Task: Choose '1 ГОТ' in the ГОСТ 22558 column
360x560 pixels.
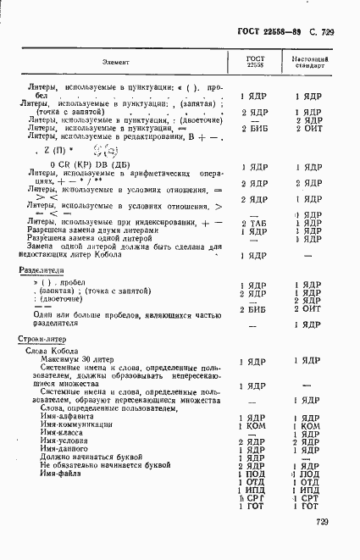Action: [252, 506]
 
